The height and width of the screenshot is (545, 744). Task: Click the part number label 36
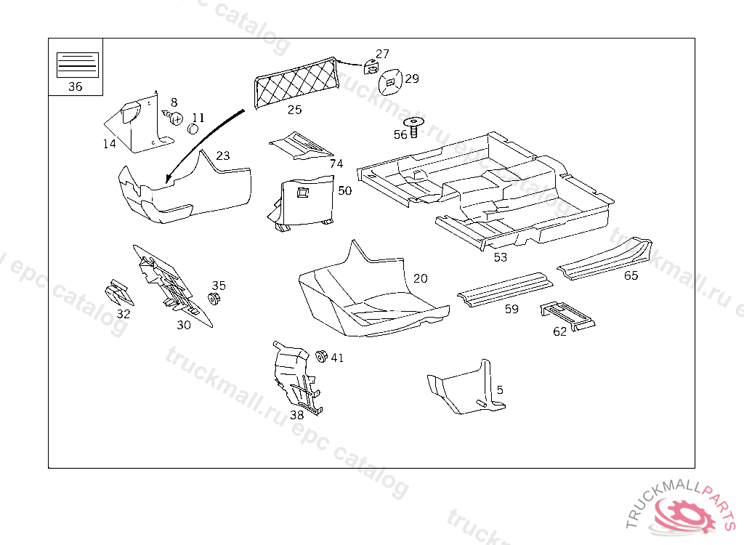click(75, 86)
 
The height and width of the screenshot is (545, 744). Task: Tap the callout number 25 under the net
click(294, 110)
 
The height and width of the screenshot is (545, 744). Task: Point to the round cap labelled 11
click(193, 129)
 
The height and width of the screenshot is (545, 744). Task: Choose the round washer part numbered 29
click(391, 82)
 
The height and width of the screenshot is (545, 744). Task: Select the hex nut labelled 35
click(214, 299)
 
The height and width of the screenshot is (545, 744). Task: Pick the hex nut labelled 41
click(320, 356)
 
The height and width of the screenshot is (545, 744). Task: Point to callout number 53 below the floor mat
click(501, 257)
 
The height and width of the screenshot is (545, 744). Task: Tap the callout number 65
click(631, 275)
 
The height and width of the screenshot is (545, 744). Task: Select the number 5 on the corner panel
click(500, 390)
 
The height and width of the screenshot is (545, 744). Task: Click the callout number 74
click(336, 164)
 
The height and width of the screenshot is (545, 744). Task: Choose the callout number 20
click(421, 278)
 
